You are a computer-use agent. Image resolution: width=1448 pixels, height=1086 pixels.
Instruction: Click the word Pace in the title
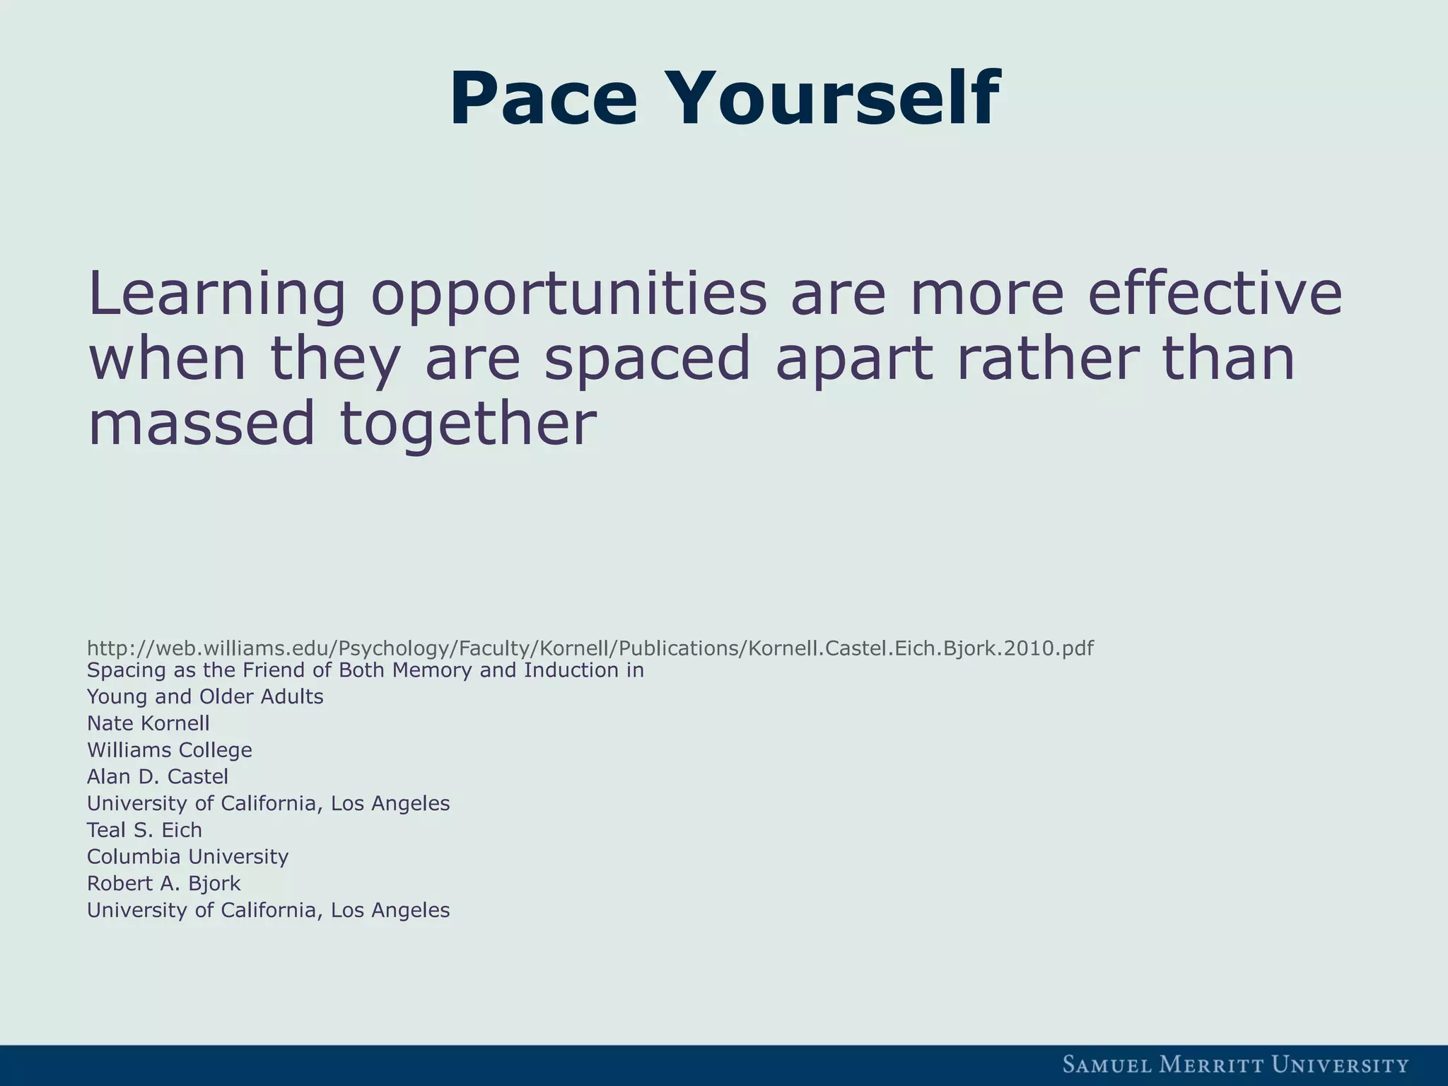(543, 99)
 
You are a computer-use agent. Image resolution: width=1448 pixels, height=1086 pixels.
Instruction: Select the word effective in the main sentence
(1214, 293)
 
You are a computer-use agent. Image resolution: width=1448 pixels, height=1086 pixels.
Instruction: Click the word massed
(201, 423)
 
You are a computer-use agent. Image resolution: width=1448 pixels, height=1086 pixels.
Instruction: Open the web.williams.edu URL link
(590, 648)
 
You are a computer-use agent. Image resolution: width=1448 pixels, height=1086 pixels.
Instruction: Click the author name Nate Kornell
(148, 723)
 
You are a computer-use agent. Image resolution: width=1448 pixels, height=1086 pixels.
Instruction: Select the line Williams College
(169, 750)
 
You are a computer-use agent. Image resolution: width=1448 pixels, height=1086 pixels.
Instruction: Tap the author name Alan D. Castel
(157, 777)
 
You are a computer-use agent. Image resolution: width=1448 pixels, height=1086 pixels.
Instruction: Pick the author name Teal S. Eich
(144, 830)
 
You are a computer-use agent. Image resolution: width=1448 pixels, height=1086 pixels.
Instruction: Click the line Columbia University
(187, 857)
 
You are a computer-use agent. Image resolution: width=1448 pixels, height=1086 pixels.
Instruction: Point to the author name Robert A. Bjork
(163, 884)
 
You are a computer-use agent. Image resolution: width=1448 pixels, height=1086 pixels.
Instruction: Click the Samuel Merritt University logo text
(1235, 1065)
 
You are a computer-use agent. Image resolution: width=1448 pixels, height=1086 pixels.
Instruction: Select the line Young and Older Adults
(205, 697)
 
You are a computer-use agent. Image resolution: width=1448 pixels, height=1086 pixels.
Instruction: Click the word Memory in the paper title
(433, 670)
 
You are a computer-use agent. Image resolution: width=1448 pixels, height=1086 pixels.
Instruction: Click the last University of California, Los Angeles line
(268, 911)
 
